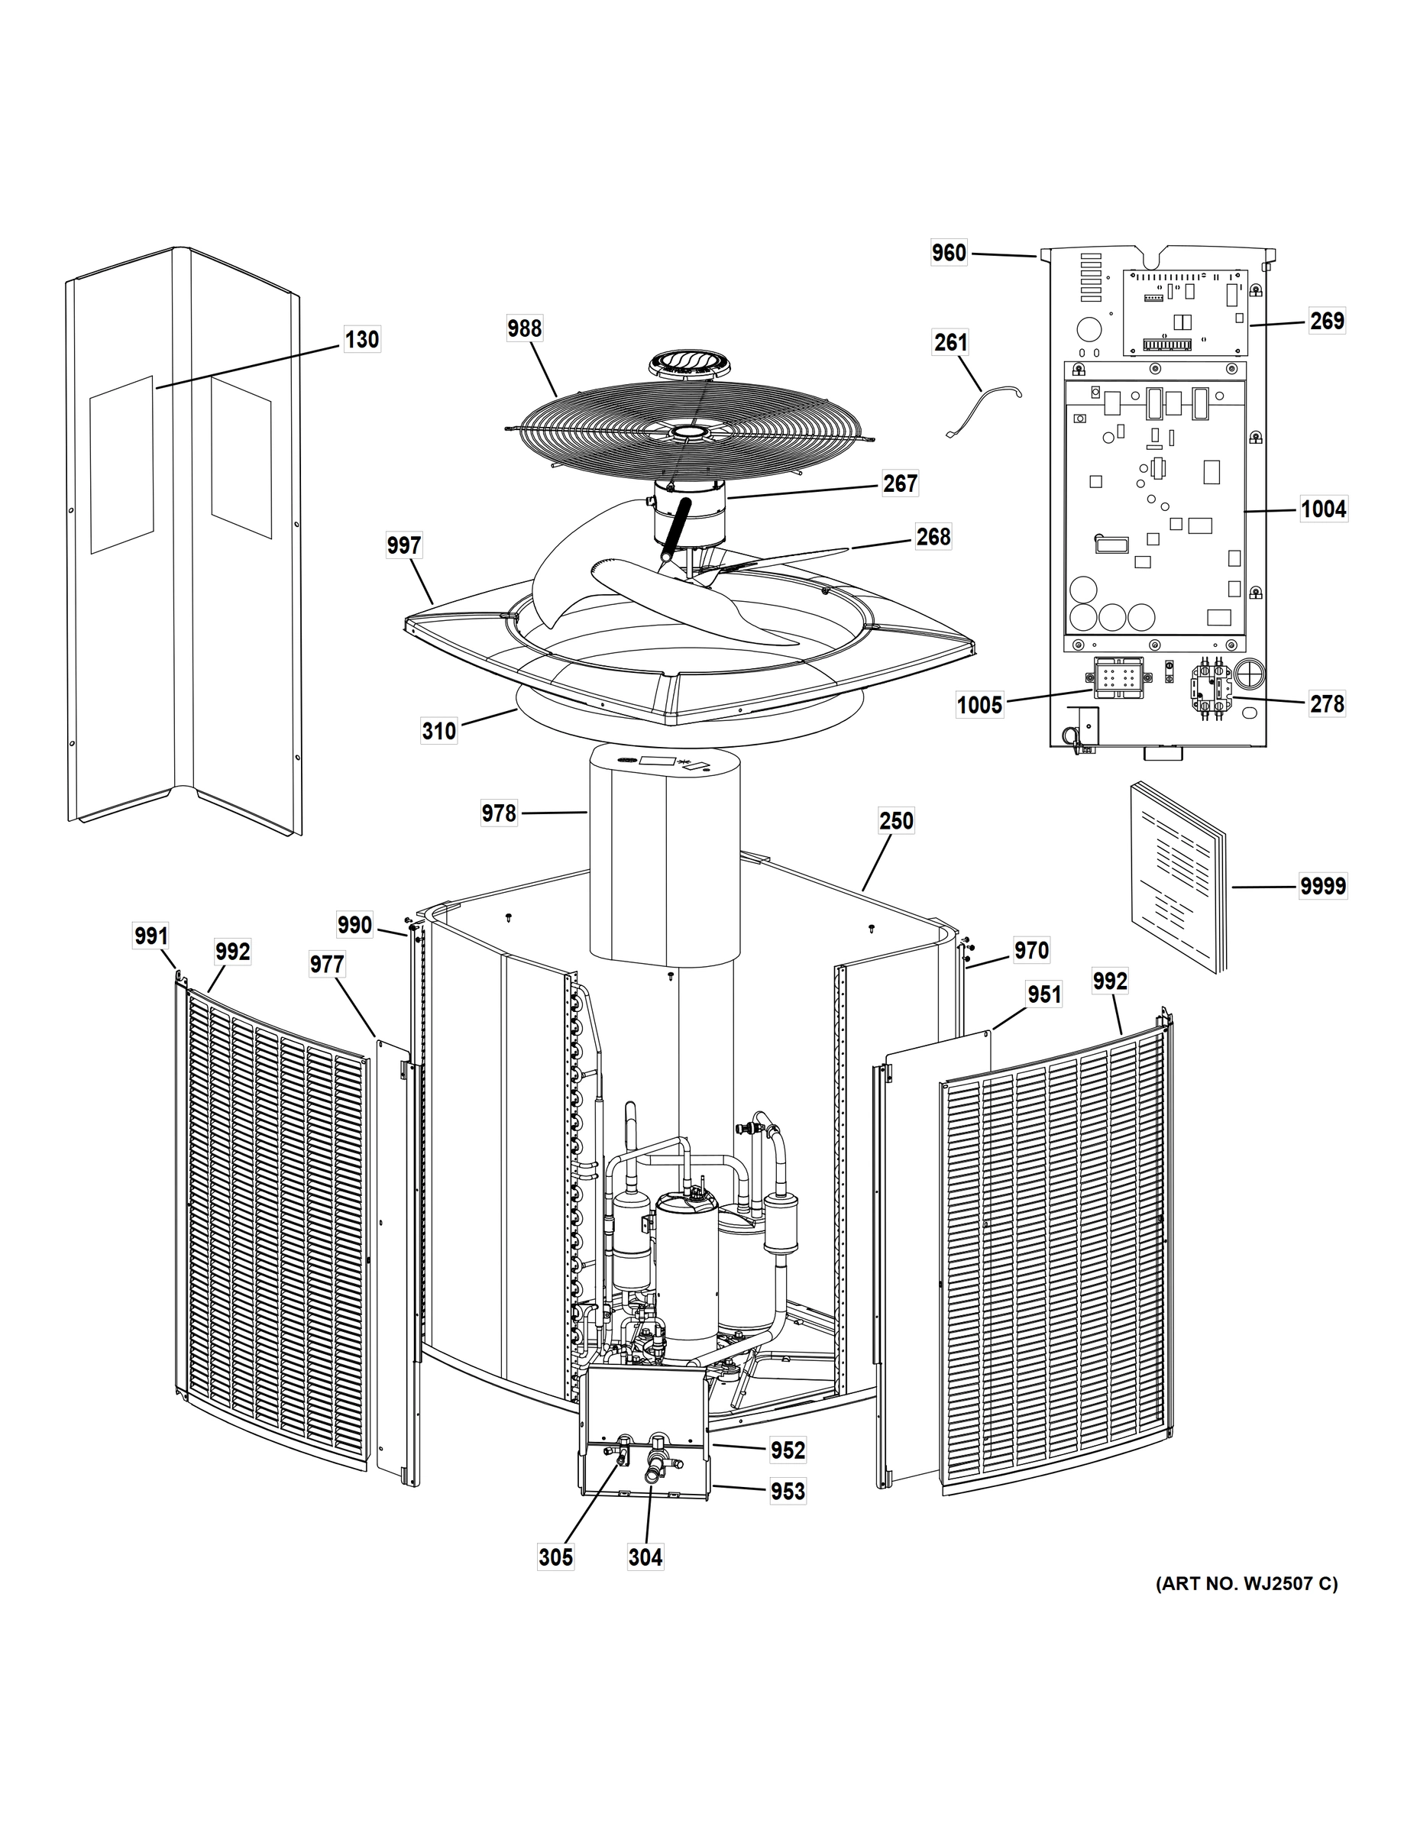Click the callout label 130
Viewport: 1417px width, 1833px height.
click(362, 340)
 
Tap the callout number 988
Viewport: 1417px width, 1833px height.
click(524, 329)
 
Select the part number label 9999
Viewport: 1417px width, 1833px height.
click(1322, 886)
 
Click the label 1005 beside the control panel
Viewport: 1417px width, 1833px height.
click(979, 705)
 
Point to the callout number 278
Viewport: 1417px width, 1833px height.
click(1326, 703)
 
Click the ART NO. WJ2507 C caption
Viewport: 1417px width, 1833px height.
click(1247, 1584)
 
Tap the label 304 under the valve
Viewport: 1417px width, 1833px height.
click(645, 1558)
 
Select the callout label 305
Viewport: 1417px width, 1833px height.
click(555, 1558)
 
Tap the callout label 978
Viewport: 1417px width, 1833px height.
click(499, 813)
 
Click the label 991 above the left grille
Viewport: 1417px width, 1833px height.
click(151, 936)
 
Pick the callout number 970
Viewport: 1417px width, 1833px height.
click(1030, 950)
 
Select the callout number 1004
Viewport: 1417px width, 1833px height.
click(1323, 509)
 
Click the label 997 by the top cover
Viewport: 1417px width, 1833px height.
click(404, 546)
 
